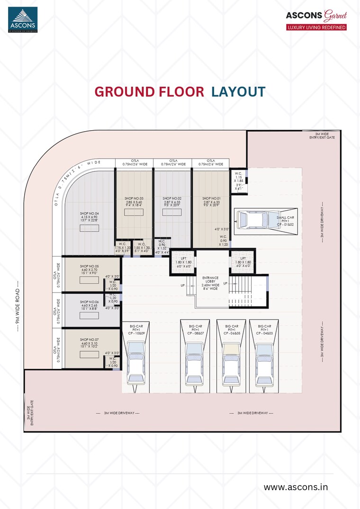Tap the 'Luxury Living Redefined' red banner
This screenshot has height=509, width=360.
pos(316,27)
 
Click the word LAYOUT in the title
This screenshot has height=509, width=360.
pos(238,91)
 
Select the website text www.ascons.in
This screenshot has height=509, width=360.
pos(296,487)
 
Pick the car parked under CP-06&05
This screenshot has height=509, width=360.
pos(231,362)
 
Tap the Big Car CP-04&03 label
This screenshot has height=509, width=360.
pos(264,330)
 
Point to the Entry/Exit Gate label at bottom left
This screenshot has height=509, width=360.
pos(30,412)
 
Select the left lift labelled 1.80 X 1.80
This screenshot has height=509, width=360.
pos(182,263)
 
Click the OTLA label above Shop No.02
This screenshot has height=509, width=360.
pos(172,162)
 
